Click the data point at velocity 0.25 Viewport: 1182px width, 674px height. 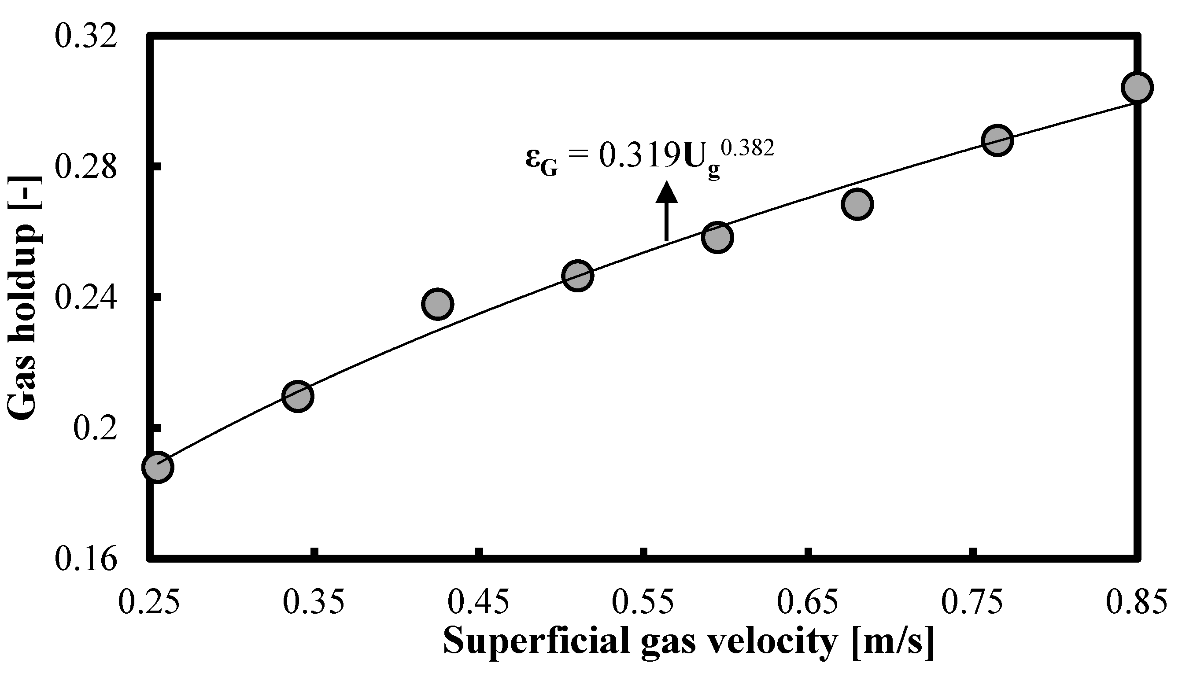tap(158, 467)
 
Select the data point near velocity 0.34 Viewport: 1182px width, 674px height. tap(298, 396)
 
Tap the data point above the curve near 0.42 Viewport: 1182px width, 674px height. tap(437, 304)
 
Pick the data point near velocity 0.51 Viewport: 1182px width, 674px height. tap(577, 276)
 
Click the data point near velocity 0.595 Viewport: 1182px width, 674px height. tap(717, 237)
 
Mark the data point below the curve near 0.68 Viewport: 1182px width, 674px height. tap(857, 204)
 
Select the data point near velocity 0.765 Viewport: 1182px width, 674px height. tap(998, 140)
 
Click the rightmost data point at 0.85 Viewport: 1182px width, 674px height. tap(1137, 87)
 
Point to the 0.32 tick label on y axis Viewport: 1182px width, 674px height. tap(85, 36)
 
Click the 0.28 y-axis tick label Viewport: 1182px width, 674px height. tap(85, 167)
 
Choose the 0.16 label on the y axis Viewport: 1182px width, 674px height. tap(85, 559)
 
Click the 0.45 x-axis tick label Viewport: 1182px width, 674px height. tap(479, 603)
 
